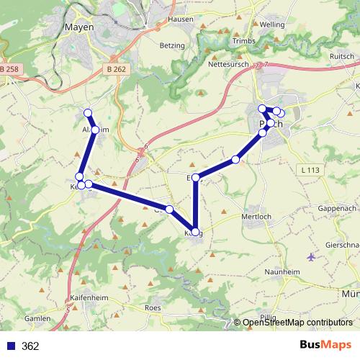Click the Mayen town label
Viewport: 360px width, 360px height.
tap(79, 27)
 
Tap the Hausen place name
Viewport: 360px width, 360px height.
tap(181, 19)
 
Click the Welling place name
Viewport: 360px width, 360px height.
tap(272, 24)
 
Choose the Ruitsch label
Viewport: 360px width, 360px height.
tap(341, 55)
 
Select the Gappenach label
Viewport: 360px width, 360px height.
tap(337, 207)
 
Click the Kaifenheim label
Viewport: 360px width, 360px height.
tap(89, 297)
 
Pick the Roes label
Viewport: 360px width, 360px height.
tap(153, 307)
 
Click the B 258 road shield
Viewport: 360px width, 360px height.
tap(11, 68)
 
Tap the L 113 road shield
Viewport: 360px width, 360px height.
tap(311, 170)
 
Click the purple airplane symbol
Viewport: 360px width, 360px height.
tap(311, 256)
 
